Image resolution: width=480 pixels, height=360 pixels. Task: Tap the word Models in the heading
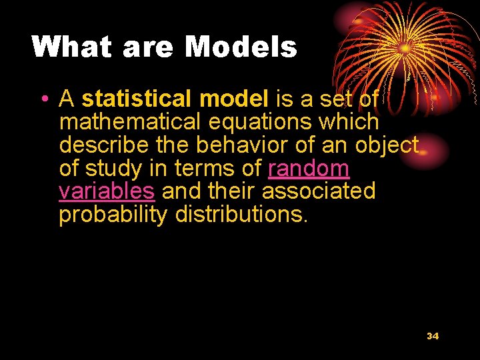point(241,47)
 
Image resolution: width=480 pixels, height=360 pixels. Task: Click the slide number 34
point(433,336)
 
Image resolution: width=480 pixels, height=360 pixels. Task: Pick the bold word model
point(233,99)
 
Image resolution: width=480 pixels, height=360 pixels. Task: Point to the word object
point(388,145)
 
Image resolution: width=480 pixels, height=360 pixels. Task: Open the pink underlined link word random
point(309,169)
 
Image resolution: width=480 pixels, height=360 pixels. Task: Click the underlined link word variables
point(107,191)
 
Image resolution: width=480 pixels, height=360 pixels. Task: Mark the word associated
point(319,191)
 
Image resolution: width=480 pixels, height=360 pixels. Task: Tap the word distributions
point(241,215)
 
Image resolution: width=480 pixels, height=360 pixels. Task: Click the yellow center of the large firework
point(405,48)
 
